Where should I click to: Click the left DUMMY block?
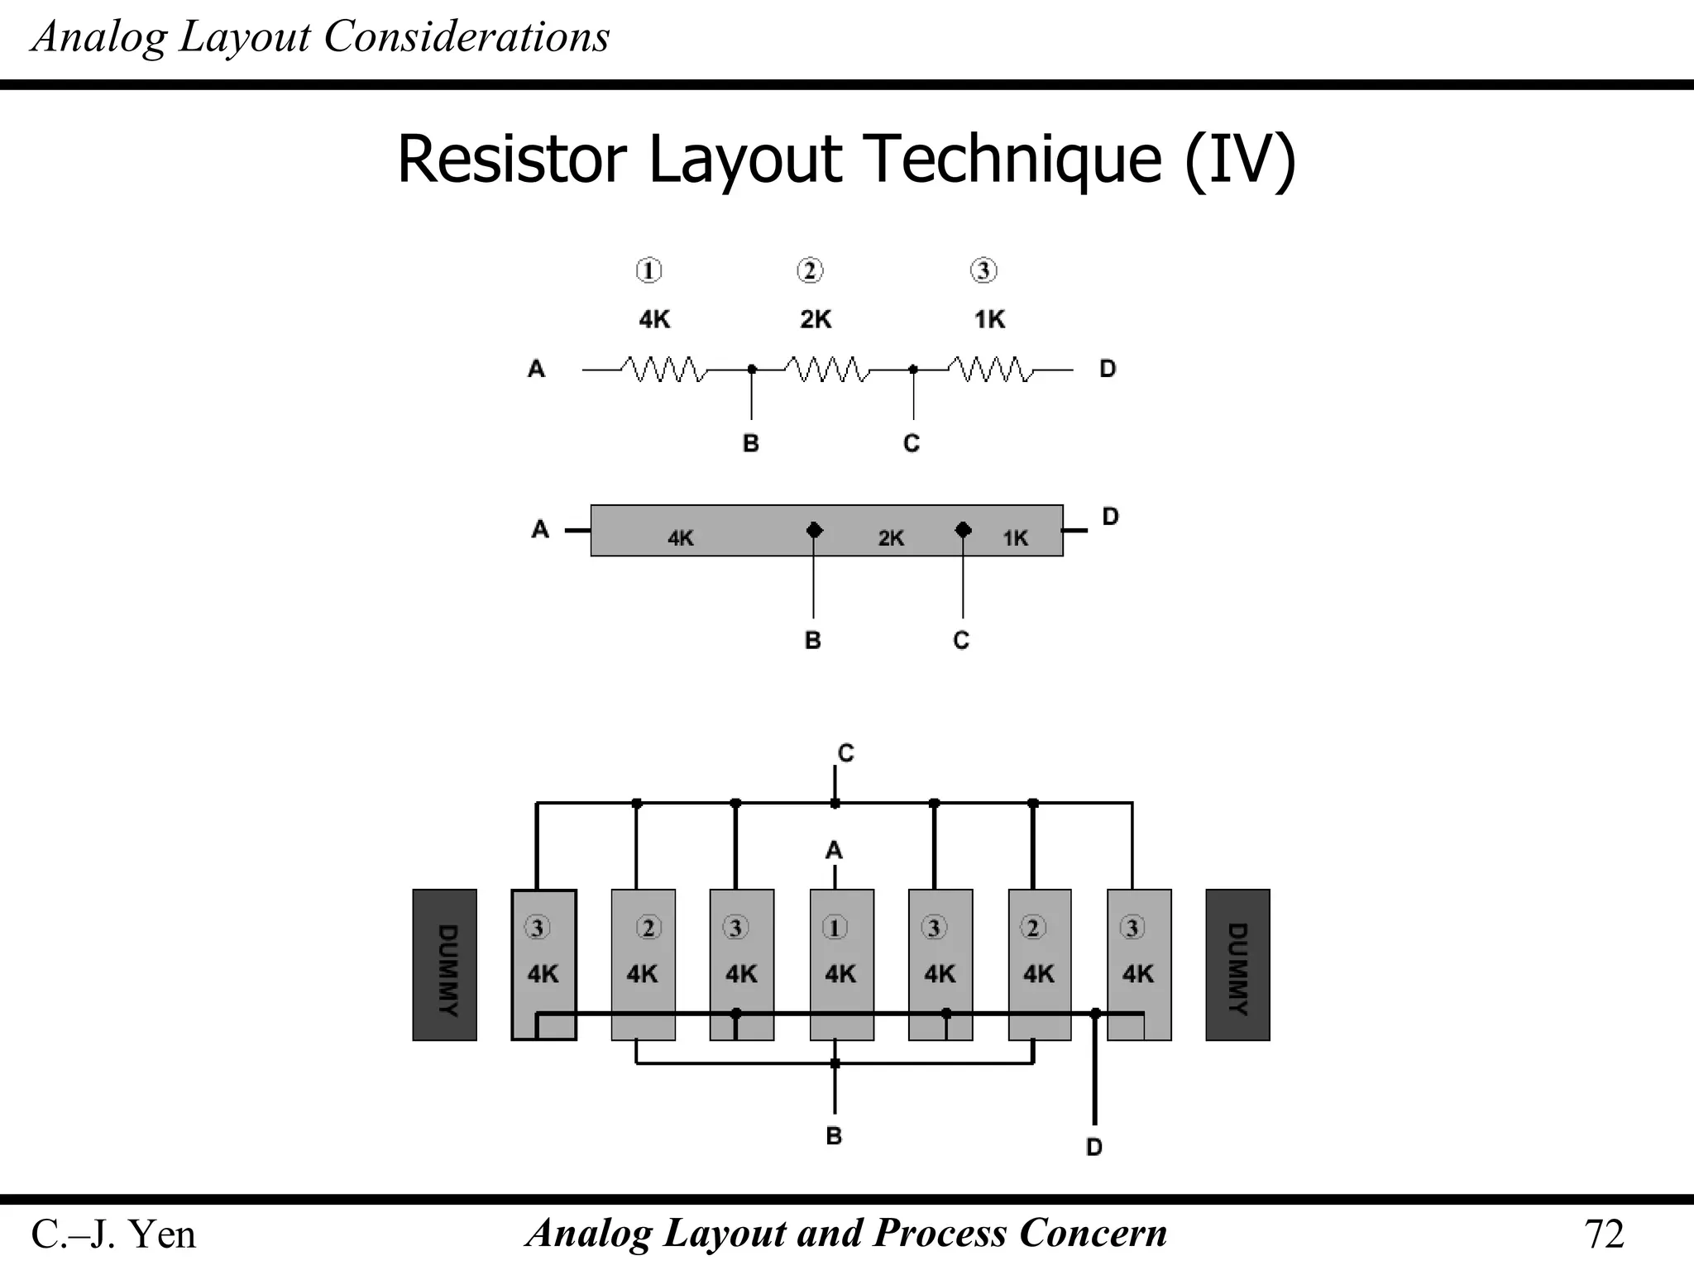point(444,964)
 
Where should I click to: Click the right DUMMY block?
point(1237,964)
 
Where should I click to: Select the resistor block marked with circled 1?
point(841,964)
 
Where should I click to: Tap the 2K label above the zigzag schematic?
point(816,319)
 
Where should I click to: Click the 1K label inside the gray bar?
point(1015,538)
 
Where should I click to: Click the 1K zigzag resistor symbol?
point(990,369)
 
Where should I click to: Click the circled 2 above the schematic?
point(810,270)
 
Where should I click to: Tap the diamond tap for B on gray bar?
point(814,530)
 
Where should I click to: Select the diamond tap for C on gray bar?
point(963,530)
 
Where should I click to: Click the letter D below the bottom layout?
point(1093,1147)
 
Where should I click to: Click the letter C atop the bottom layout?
point(845,753)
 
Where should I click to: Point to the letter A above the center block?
point(834,850)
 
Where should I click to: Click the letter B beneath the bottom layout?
point(834,1135)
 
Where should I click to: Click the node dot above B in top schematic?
point(751,370)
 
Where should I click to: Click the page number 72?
point(1603,1234)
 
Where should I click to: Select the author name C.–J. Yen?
point(113,1234)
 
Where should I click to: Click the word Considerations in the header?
point(467,37)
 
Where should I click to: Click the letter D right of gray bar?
point(1110,517)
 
